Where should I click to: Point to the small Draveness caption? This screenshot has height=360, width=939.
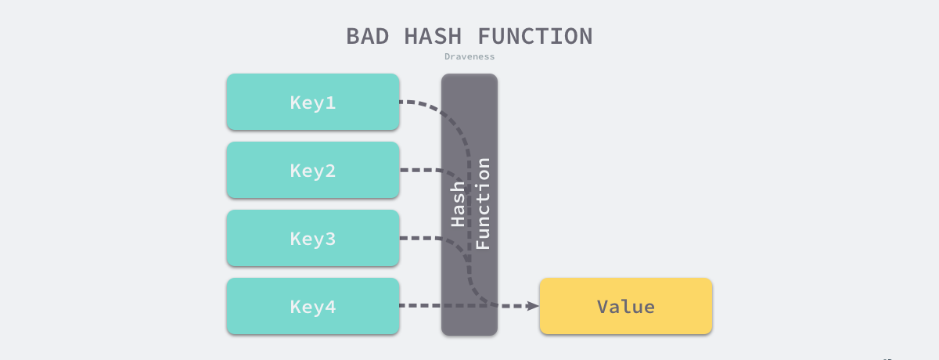(469, 56)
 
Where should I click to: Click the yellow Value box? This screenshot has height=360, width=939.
(626, 306)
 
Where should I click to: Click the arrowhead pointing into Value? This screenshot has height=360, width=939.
(534, 306)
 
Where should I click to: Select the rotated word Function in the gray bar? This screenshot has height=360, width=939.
(483, 203)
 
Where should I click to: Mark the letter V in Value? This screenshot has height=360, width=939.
(603, 307)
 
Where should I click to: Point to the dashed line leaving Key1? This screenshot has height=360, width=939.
(419, 103)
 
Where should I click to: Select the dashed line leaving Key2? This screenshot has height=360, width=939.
(419, 170)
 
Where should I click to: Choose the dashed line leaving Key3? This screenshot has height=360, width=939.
(419, 238)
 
